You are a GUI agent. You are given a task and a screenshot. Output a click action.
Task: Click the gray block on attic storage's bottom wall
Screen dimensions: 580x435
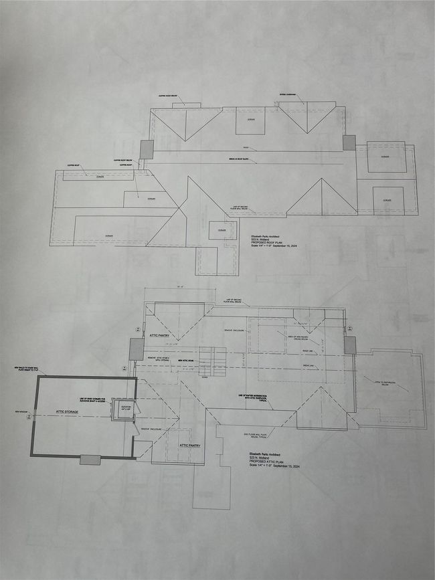coord(90,460)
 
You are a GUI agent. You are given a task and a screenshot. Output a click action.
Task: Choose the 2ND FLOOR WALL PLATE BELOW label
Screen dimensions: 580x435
coord(256,434)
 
